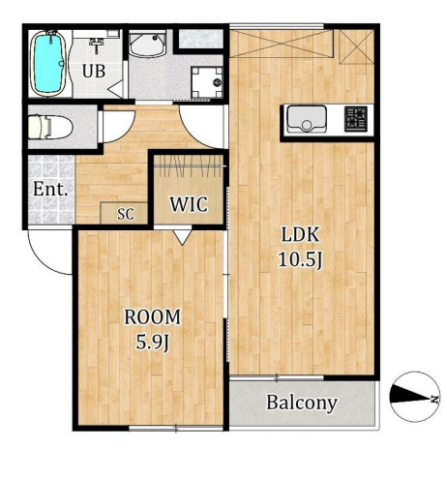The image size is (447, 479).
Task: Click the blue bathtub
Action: point(48,64)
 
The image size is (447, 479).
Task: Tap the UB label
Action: point(94,71)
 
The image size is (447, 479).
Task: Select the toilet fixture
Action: point(50,127)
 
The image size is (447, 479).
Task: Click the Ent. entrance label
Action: point(50,189)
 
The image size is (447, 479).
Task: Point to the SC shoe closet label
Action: point(126,214)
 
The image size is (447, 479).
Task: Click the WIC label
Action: point(189,204)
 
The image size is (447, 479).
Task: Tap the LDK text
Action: point(300,235)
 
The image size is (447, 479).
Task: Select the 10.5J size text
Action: point(300,260)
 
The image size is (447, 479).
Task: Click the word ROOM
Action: point(153,317)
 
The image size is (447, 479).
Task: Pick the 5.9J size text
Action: point(153,343)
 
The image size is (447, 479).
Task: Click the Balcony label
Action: point(302,403)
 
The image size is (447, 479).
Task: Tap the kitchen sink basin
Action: point(307,118)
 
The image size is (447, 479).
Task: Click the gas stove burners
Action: point(356,119)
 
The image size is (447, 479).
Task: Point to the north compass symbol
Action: point(415,397)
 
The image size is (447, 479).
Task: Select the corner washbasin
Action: point(147,44)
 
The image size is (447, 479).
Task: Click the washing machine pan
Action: point(207,82)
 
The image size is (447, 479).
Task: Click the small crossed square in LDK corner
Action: point(357,47)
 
